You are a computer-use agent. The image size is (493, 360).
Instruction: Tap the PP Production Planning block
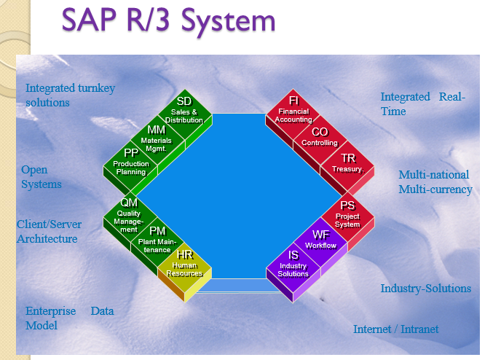pos(130,162)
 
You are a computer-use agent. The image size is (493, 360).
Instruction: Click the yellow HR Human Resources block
pos(184,265)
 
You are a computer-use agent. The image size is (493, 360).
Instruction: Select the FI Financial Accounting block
pos(293,110)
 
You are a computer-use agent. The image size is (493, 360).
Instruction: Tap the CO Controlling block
pos(320,137)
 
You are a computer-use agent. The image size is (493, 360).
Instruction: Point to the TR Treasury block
pos(347,163)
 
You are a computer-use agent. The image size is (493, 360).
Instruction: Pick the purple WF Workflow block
pos(320,240)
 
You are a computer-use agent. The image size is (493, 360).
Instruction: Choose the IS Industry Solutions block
pos(293,264)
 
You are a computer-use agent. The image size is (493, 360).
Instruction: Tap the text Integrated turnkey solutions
pos(70,95)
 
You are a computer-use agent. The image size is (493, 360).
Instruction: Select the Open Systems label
pos(41,177)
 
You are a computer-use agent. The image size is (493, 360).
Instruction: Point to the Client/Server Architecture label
pos(49,231)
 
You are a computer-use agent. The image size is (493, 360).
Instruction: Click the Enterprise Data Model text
pos(69,318)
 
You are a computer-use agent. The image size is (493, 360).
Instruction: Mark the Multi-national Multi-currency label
pos(435,182)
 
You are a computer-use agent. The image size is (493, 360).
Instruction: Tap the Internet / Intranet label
pos(395,329)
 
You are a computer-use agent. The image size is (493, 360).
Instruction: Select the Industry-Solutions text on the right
pos(425,289)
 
